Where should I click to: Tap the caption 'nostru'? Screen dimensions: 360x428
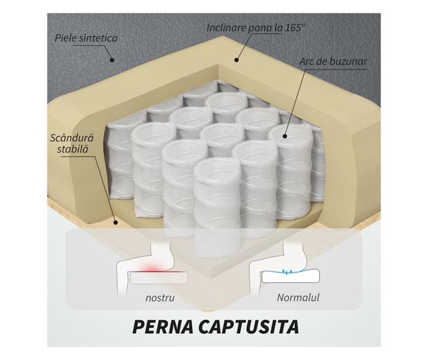(x=160, y=297)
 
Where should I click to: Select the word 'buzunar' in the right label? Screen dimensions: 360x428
(x=350, y=63)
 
